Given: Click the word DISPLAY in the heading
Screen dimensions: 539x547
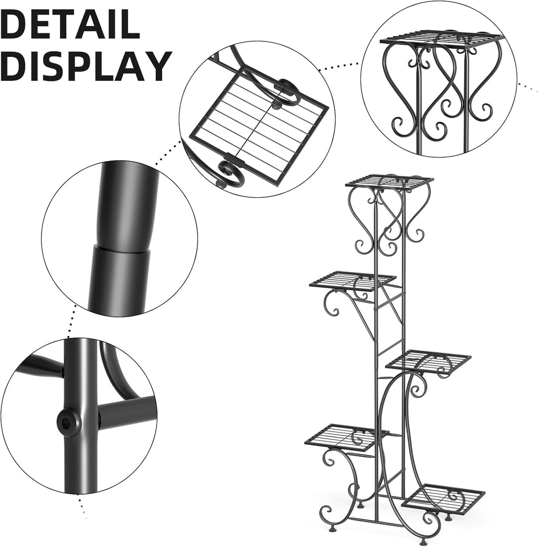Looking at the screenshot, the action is [x=86, y=66].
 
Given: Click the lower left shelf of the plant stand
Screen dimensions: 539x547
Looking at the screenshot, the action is [x=347, y=436].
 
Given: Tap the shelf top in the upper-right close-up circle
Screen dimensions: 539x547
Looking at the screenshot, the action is [x=442, y=38].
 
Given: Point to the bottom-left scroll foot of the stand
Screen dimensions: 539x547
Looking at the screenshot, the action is [x=327, y=513].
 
